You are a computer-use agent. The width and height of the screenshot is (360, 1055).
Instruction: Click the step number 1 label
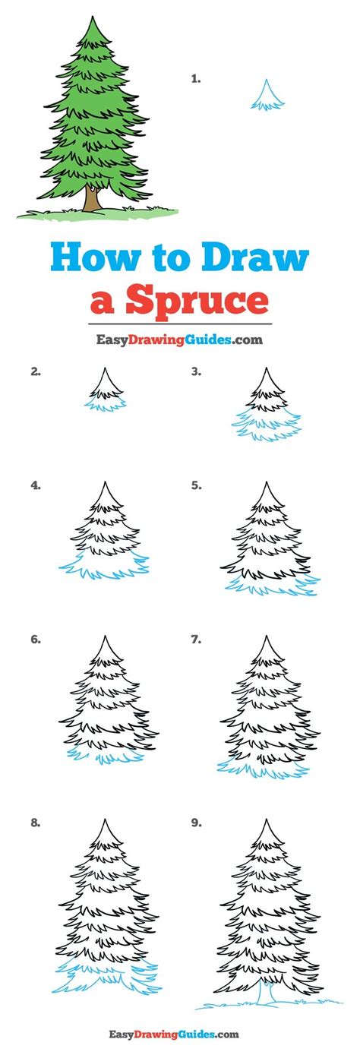click(196, 78)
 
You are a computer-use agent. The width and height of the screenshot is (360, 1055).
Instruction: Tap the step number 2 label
click(35, 371)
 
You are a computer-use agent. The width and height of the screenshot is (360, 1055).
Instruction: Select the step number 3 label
click(196, 371)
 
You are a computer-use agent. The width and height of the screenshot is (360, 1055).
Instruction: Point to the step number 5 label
click(196, 485)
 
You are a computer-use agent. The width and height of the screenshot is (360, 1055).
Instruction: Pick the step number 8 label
click(35, 822)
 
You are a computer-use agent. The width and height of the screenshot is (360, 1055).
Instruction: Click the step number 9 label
click(196, 822)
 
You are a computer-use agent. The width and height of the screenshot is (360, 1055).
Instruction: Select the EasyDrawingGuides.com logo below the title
click(179, 340)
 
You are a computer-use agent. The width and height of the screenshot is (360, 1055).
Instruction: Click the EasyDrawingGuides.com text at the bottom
click(179, 1034)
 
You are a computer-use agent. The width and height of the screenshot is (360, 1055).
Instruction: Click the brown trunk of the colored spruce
click(91, 199)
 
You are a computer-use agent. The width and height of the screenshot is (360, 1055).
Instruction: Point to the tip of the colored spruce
click(96, 21)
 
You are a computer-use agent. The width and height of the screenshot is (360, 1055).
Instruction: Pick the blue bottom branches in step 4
click(103, 566)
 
